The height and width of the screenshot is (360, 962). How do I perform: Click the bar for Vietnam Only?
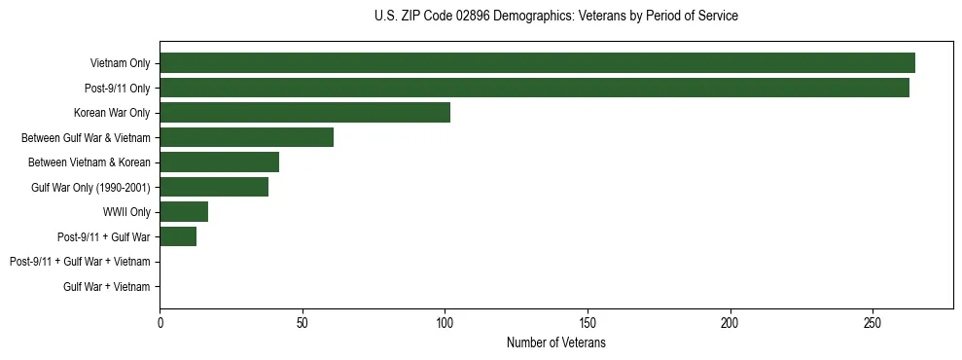[537, 63]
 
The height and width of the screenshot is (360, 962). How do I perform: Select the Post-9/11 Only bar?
[534, 88]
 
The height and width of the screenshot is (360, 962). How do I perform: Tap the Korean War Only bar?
[304, 113]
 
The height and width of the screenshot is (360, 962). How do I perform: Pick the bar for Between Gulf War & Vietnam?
[246, 137]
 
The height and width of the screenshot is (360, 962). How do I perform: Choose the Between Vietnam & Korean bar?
[219, 162]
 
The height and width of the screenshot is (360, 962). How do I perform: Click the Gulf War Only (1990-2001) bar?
[214, 187]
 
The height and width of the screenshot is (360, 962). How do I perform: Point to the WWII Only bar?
[184, 212]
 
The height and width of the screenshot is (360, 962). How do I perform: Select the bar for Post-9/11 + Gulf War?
[178, 236]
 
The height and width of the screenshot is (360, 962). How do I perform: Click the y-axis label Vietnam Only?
[120, 63]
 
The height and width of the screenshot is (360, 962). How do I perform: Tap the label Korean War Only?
[112, 113]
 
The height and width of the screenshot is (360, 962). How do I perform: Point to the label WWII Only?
[126, 212]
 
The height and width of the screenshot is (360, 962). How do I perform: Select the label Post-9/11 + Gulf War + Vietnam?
[80, 262]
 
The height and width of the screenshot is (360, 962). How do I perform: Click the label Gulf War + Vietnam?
[107, 286]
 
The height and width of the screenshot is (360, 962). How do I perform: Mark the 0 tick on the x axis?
[160, 322]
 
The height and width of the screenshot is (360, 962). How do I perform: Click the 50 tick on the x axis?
[303, 322]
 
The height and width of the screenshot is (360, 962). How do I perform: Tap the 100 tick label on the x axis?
[445, 322]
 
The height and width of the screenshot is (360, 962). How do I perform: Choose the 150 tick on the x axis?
[588, 322]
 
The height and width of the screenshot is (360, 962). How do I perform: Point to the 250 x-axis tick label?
[873, 322]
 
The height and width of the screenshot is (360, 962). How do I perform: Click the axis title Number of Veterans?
[555, 343]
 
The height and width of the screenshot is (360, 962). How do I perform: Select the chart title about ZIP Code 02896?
[555, 17]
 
